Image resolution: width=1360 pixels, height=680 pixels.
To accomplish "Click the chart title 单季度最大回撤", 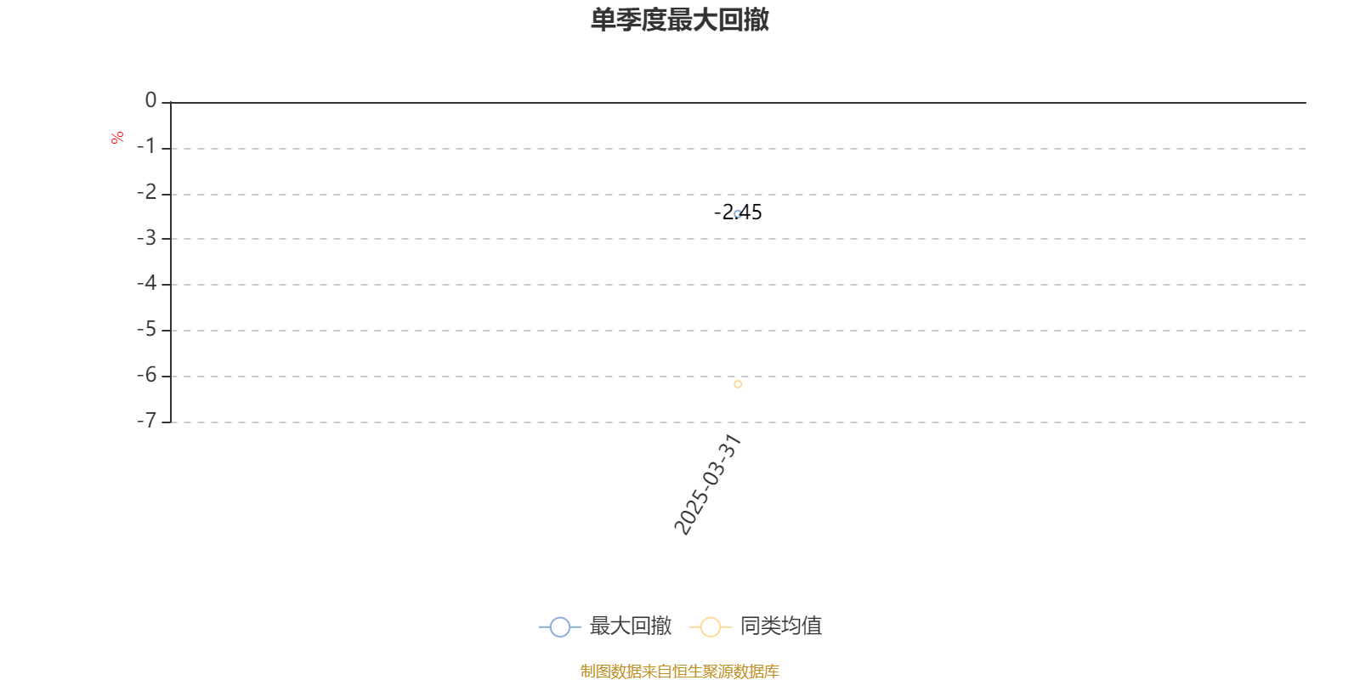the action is click(x=679, y=20).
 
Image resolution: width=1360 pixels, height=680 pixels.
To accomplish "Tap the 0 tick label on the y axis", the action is click(x=150, y=100).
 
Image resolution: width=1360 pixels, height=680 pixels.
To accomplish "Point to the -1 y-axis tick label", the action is click(x=147, y=146).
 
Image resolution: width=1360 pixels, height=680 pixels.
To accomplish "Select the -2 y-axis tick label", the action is click(x=147, y=192).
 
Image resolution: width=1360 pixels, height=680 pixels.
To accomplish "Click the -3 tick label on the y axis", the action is click(x=147, y=237).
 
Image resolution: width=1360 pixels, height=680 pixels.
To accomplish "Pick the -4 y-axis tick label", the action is click(x=147, y=283).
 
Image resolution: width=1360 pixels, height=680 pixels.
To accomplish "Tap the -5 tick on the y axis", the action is click(x=147, y=329).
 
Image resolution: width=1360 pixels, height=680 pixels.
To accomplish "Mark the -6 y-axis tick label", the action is click(x=147, y=375).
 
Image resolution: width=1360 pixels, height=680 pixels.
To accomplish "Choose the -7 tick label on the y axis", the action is click(x=147, y=420).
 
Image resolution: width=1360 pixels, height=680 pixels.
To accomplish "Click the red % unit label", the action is click(x=117, y=138).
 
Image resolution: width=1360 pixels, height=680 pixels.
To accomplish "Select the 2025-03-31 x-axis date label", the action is click(x=708, y=484).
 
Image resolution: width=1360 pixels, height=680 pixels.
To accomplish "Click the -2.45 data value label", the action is click(x=738, y=212).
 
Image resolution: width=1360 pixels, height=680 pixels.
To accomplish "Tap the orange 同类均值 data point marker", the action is click(x=738, y=383).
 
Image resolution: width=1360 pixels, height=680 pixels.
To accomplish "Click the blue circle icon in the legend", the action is click(x=560, y=627).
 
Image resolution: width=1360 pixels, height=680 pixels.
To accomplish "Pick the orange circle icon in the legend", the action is click(x=711, y=627).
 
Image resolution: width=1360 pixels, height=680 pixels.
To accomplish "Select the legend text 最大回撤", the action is click(x=630, y=626).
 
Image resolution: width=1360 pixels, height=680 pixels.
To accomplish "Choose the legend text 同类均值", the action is click(x=781, y=626).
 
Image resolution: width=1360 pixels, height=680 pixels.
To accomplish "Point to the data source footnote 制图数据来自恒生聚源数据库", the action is click(x=679, y=671).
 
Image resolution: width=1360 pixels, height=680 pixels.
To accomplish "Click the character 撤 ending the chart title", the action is click(x=756, y=20).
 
